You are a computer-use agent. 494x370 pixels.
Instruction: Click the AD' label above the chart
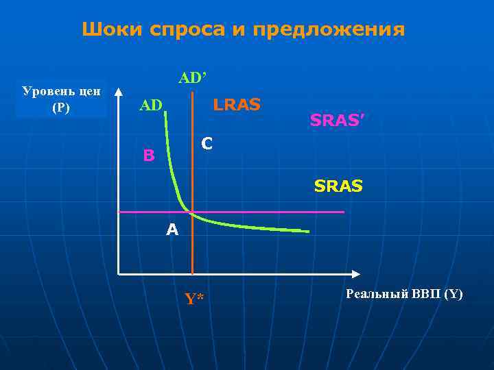[192, 78]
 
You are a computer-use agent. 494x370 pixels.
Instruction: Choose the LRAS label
[237, 105]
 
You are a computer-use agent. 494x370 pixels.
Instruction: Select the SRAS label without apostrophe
[338, 186]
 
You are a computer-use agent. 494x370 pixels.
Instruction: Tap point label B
[149, 156]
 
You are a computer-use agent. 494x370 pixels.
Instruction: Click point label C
[207, 145]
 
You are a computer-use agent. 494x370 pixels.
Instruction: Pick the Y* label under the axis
[194, 298]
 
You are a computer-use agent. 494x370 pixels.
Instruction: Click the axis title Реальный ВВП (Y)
[404, 295]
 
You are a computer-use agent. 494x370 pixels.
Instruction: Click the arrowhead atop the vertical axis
[119, 91]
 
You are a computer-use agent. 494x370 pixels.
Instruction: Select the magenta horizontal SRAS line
[274, 212]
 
